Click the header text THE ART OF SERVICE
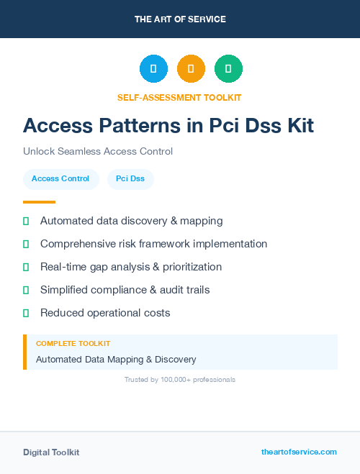point(180,19)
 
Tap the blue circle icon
point(153,69)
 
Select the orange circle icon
point(191,69)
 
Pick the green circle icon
point(228,69)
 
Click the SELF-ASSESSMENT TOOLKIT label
point(179,97)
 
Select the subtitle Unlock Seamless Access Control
point(98,152)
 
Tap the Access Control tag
point(60,178)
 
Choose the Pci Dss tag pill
point(130,178)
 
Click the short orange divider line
point(39,202)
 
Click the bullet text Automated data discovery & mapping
point(131,221)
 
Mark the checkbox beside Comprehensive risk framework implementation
point(26,245)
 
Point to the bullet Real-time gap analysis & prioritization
point(131,267)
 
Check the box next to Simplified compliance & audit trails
point(26,291)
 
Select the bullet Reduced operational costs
point(105,313)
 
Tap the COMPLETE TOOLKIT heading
point(73,344)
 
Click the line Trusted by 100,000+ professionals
point(180,379)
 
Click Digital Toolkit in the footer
point(51,452)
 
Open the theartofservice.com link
point(299,452)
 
